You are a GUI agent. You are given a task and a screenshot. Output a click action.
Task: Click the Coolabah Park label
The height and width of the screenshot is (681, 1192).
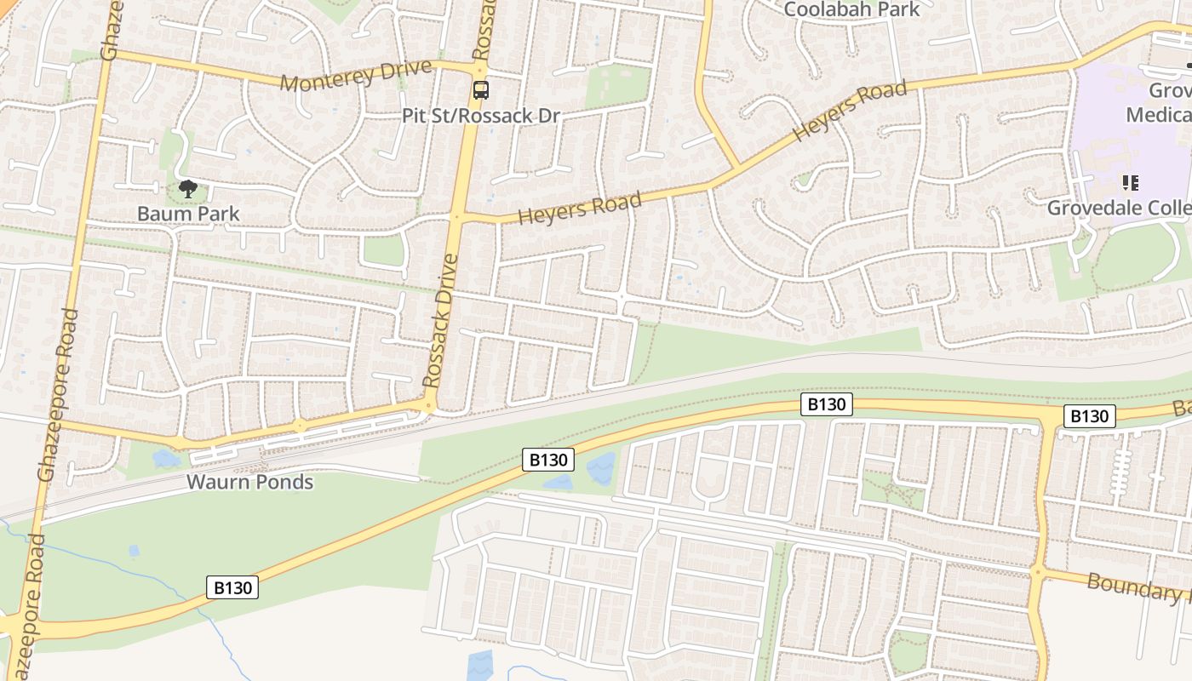pyautogui.click(x=851, y=9)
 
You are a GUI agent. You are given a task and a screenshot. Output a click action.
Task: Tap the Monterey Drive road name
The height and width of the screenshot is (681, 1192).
pyautogui.click(x=356, y=76)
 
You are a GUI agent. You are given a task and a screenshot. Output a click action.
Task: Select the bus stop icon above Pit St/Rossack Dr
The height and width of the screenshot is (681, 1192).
pyautogui.click(x=481, y=89)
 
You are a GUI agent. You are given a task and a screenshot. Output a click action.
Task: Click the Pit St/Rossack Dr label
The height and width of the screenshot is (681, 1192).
pyautogui.click(x=481, y=115)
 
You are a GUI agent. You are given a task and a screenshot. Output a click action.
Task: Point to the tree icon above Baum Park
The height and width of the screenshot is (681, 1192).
pyautogui.click(x=188, y=189)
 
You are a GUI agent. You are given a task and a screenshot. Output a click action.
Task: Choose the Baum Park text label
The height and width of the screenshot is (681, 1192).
pyautogui.click(x=188, y=213)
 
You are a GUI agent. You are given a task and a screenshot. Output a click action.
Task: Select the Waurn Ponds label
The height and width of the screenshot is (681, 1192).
pyautogui.click(x=250, y=482)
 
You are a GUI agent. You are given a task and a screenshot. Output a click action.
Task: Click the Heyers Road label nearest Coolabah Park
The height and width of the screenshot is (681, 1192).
pyautogui.click(x=850, y=112)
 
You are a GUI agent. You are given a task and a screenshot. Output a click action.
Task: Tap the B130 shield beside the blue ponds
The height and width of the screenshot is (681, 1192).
pyautogui.click(x=548, y=460)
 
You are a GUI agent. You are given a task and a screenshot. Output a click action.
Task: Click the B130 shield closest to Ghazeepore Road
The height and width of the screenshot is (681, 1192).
pyautogui.click(x=232, y=587)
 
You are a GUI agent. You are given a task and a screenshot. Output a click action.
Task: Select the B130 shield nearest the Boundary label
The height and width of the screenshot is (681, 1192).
pyautogui.click(x=1089, y=415)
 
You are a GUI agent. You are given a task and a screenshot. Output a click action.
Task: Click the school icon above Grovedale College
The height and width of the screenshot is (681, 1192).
pyautogui.click(x=1130, y=182)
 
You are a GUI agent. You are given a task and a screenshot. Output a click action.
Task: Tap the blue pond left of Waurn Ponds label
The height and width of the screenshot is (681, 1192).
pyautogui.click(x=165, y=459)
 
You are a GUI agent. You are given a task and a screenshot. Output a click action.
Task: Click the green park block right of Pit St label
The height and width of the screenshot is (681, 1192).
pyautogui.click(x=617, y=85)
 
